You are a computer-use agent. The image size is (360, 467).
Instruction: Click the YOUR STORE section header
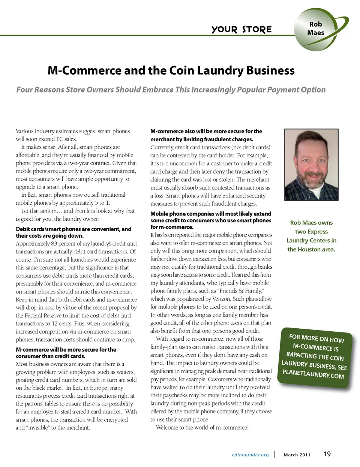[241, 29]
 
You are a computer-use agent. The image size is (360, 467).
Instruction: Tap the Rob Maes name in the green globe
[315, 28]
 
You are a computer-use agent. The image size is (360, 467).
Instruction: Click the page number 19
[327, 454]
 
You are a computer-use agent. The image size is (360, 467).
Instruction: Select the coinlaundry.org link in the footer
[250, 455]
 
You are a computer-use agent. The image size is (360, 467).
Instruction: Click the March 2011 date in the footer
[297, 455]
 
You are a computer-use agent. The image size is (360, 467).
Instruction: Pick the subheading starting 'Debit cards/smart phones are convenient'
[73, 232]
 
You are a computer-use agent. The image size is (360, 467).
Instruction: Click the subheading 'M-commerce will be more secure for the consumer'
[66, 353]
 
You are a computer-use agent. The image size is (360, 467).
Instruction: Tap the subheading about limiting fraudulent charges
[206, 135]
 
